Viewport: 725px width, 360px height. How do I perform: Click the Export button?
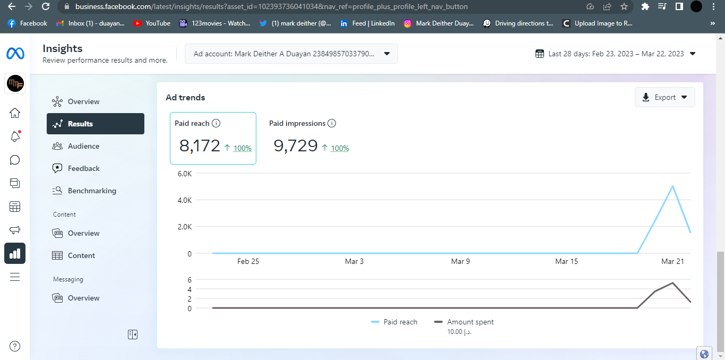click(664, 97)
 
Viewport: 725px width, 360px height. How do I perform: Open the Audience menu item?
click(83, 146)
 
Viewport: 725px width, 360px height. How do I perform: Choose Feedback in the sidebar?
click(83, 168)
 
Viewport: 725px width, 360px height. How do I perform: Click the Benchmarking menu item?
click(91, 191)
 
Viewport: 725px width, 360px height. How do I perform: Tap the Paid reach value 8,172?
click(200, 145)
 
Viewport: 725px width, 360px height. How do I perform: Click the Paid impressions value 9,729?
click(296, 145)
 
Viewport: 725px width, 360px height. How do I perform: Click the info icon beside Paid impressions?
click(332, 123)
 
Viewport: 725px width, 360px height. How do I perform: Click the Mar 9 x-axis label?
click(460, 261)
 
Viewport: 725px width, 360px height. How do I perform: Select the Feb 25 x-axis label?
click(248, 261)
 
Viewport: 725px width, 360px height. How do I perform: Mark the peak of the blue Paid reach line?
click(672, 186)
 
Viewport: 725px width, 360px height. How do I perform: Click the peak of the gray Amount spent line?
click(673, 282)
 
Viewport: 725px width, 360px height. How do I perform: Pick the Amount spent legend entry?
click(470, 322)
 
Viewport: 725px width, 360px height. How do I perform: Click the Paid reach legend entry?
click(400, 322)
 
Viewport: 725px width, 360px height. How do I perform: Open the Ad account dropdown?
click(291, 54)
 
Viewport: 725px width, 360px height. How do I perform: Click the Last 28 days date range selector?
click(615, 54)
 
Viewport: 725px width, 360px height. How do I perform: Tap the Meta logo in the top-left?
click(15, 54)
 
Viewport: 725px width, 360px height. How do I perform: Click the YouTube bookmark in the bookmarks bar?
click(152, 23)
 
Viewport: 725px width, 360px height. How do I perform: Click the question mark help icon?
click(15, 347)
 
